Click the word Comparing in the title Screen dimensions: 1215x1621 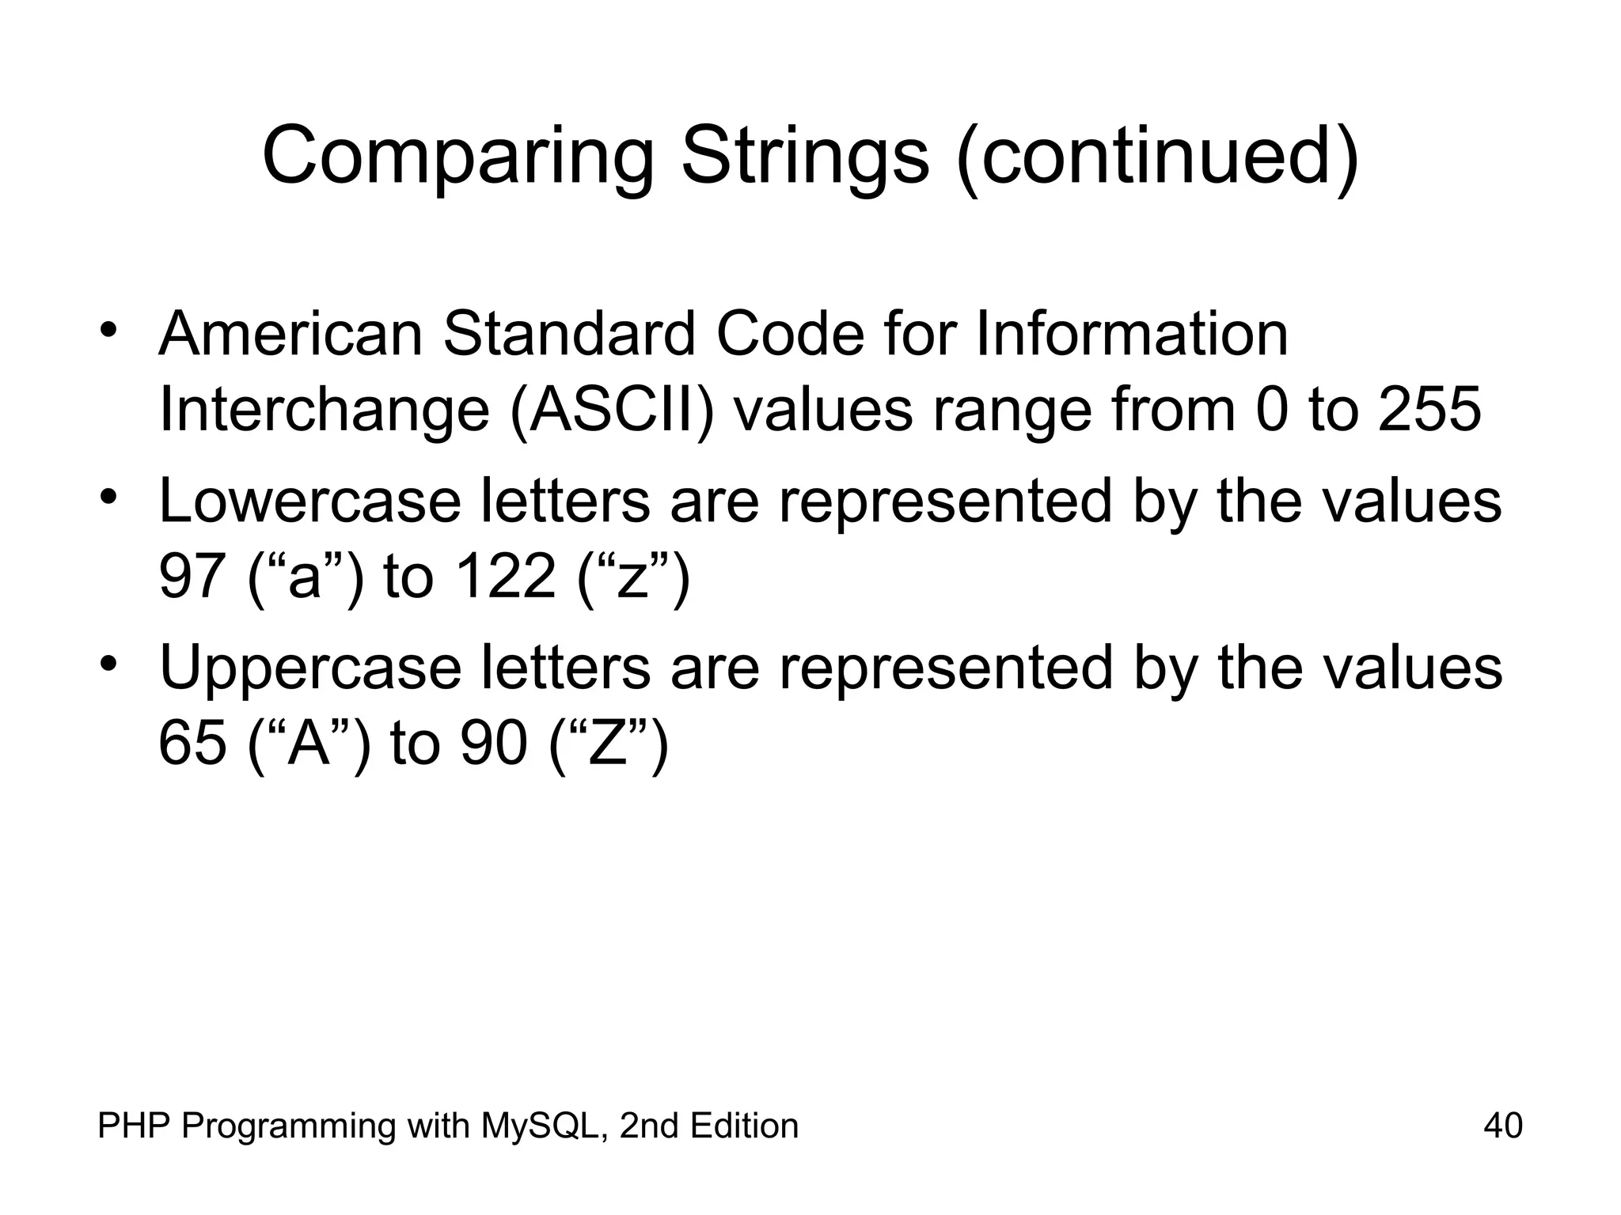pos(458,157)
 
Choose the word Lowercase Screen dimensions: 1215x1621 pos(309,502)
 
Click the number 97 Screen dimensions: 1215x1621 pos(190,577)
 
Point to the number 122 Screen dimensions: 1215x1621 pos(507,577)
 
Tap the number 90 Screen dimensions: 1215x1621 pos(494,744)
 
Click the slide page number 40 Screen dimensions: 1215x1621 pos(1503,1126)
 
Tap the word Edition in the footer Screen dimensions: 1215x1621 pos(743,1126)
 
